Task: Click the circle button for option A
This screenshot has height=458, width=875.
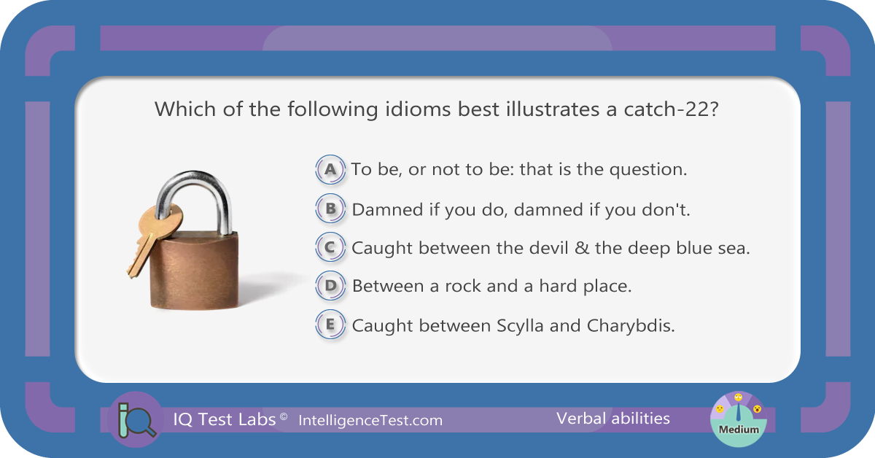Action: [330, 170]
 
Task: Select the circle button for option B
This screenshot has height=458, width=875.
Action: [330, 209]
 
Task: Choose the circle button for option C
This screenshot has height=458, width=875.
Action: [330, 247]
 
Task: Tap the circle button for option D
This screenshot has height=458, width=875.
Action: [330, 286]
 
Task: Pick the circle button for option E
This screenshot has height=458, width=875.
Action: [330, 325]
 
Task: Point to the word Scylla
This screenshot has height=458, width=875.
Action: [520, 326]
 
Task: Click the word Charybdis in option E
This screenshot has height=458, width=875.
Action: [631, 326]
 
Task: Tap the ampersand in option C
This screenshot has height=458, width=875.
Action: [582, 248]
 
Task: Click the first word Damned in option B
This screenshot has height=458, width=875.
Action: [387, 210]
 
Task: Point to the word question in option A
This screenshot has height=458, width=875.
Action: [648, 170]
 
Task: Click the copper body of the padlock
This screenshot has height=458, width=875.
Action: [194, 270]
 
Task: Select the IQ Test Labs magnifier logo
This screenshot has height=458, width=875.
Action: [136, 419]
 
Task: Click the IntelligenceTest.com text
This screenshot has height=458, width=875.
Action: [370, 421]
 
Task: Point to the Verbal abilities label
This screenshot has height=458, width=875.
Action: [613, 419]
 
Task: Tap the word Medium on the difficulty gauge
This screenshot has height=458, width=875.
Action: [739, 430]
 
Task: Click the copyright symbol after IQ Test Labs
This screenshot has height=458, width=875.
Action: [284, 416]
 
